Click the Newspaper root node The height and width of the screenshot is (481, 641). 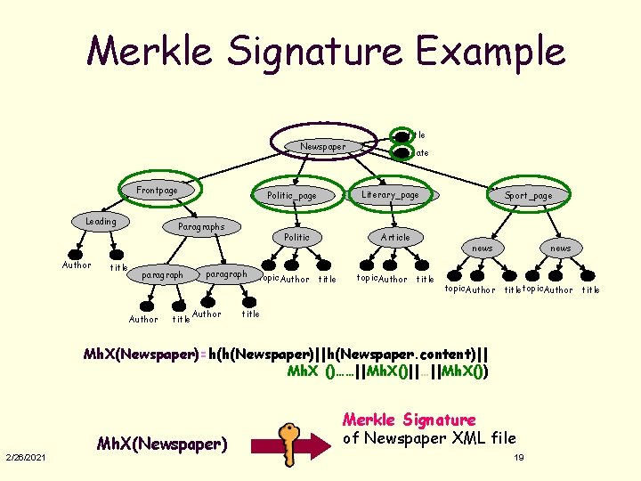(323, 146)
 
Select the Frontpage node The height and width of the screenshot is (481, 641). (157, 190)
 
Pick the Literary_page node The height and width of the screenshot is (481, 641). (390, 194)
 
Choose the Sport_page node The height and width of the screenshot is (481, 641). (528, 196)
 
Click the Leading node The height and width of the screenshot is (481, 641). (101, 221)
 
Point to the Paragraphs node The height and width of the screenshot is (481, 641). (201, 226)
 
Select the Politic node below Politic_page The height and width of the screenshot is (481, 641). (296, 237)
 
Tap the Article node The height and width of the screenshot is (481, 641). (395, 237)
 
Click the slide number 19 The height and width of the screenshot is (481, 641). (519, 457)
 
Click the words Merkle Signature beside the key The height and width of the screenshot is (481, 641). (410, 420)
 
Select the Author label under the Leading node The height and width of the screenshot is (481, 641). (76, 265)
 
